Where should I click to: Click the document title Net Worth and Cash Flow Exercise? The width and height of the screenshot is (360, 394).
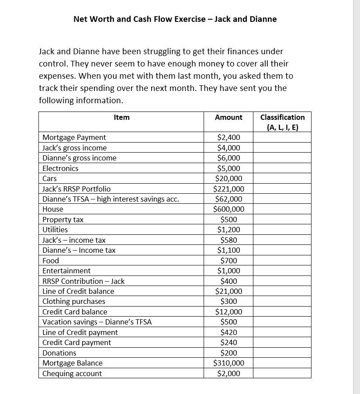tap(175, 19)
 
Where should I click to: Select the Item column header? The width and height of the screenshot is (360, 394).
tap(121, 117)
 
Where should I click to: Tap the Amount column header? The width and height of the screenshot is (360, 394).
tap(228, 117)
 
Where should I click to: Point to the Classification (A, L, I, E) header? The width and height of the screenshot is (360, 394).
tap(282, 122)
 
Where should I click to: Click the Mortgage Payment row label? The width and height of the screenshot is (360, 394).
tap(74, 137)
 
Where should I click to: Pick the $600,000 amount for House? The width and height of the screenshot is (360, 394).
tap(228, 209)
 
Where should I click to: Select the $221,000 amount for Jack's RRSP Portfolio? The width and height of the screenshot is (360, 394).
tap(228, 189)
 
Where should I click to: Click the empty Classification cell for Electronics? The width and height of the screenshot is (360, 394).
tap(282, 168)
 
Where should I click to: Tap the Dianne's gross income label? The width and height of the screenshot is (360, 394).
tap(80, 158)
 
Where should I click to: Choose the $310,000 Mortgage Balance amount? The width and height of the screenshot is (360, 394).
tap(228, 363)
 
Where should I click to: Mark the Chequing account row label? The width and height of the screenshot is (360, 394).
tap(72, 373)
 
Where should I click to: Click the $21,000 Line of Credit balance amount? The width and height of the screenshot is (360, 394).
tap(228, 291)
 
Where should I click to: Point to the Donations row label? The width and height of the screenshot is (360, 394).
tap(59, 353)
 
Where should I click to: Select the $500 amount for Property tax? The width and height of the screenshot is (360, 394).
tap(228, 220)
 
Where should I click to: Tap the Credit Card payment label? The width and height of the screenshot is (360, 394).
tap(77, 342)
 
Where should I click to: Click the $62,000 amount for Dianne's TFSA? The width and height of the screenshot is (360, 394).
tap(228, 199)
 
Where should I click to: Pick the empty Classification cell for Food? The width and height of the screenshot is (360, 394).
tap(282, 261)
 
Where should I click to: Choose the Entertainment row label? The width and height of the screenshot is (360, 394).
tap(66, 271)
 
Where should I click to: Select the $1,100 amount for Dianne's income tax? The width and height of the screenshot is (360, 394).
tap(228, 250)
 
